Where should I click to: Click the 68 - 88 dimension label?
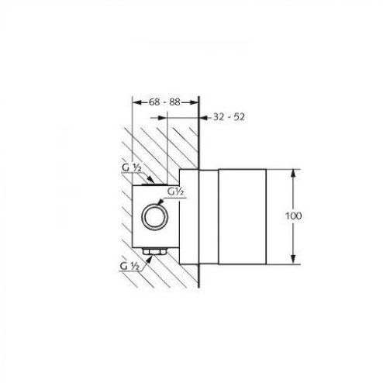click(x=164, y=102)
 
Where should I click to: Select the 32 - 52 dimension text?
click(x=229, y=117)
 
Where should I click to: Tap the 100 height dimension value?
click(x=293, y=216)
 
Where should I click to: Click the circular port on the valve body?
click(x=155, y=216)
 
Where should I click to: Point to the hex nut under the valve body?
click(x=154, y=251)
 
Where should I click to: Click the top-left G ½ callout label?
click(x=132, y=168)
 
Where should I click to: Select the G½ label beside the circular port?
click(x=175, y=191)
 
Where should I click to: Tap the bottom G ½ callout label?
click(x=129, y=266)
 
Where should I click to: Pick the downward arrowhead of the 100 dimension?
click(x=293, y=260)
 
